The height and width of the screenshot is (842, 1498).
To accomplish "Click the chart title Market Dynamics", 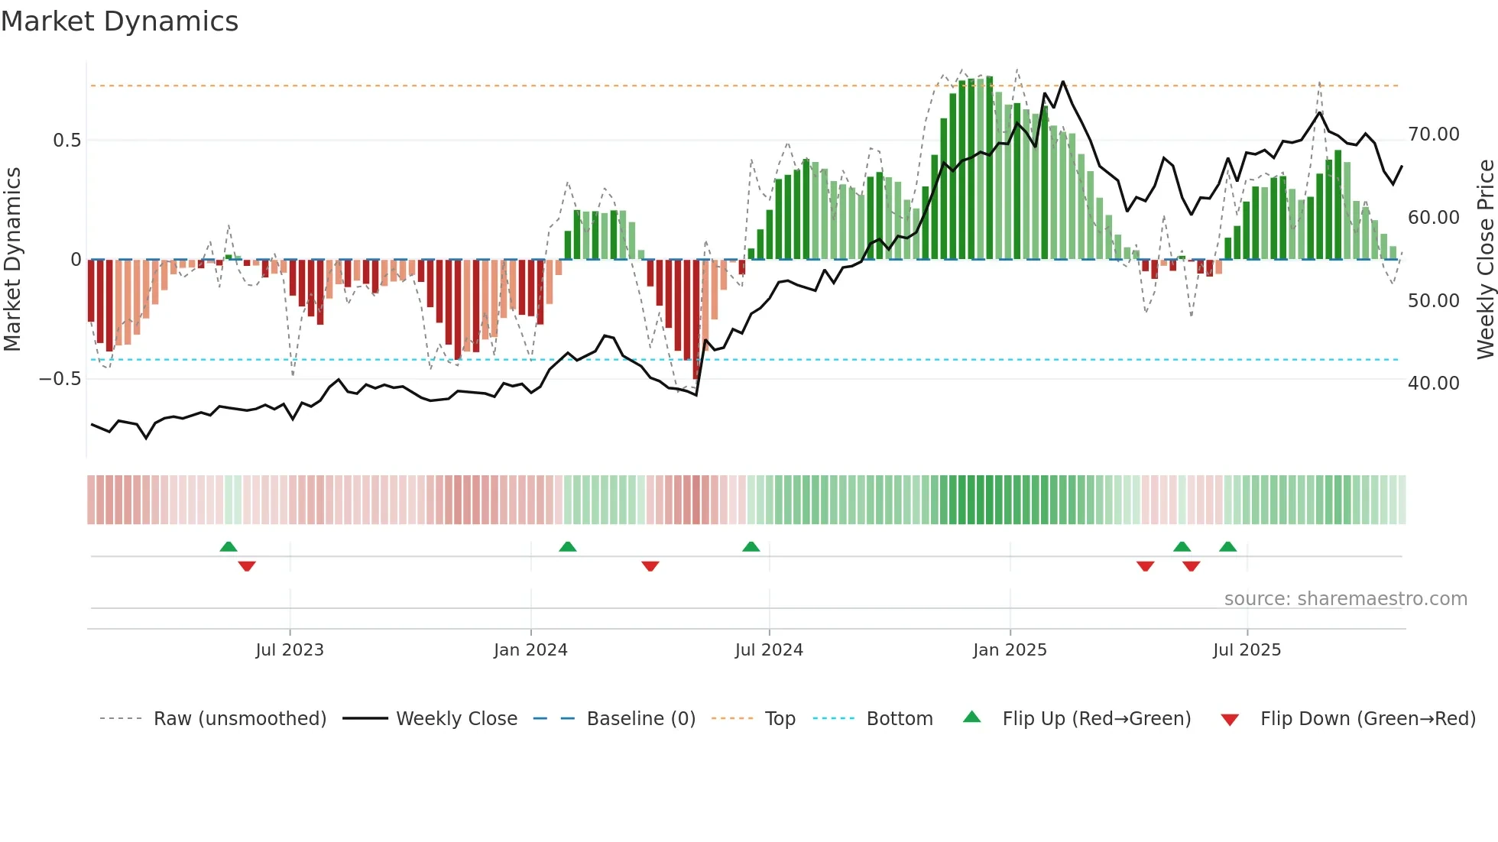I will [120, 21].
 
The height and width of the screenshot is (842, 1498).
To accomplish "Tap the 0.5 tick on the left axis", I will [66, 141].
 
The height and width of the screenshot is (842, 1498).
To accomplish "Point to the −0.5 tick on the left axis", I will [60, 379].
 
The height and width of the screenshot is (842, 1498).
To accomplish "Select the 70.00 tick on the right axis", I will [1433, 134].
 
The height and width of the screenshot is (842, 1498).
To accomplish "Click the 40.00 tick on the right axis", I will [1433, 384].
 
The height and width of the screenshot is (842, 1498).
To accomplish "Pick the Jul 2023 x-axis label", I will [290, 650].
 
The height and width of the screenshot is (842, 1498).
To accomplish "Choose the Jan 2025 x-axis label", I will [1010, 650].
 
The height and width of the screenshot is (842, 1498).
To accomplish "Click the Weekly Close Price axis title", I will [1485, 260].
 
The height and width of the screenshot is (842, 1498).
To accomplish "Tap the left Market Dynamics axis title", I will [12, 260].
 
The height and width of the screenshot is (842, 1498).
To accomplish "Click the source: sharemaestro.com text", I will [1345, 599].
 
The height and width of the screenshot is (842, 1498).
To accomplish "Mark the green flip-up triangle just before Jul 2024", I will [751, 547].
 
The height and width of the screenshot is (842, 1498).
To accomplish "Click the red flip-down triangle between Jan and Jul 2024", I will [650, 566].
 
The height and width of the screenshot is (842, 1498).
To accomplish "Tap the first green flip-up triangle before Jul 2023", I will [229, 547].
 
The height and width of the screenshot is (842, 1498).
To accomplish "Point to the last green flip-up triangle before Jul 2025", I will [1228, 547].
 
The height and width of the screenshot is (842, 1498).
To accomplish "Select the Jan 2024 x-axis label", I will [530, 650].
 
